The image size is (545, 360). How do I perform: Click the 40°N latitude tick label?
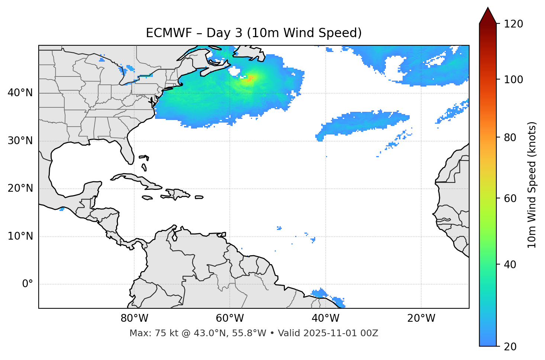click(20, 93)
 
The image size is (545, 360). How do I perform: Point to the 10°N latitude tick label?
click(20, 236)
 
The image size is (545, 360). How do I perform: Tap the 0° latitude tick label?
click(28, 284)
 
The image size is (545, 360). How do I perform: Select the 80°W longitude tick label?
click(134, 318)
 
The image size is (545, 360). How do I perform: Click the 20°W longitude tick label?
click(421, 318)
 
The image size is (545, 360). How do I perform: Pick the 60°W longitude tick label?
click(230, 318)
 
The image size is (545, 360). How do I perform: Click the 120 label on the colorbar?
click(513, 24)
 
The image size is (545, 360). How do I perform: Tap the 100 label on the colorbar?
click(513, 80)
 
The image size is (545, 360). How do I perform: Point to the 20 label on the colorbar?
click(510, 347)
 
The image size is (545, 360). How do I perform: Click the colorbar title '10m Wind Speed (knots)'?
click(532, 185)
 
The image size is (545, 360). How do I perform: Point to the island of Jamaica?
click(147, 198)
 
